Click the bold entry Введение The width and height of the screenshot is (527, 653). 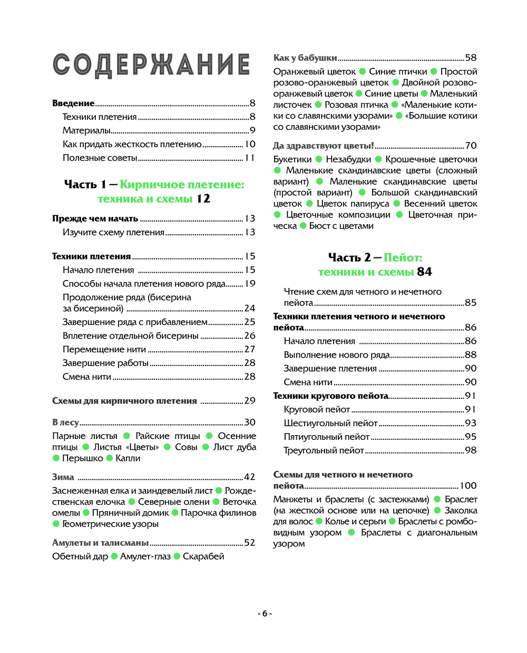tap(73, 103)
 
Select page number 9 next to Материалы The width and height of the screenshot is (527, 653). tap(252, 130)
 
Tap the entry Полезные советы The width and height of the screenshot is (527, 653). tap(100, 158)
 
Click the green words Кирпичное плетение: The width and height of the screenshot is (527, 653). tap(182, 185)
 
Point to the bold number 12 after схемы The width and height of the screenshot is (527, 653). tap(203, 199)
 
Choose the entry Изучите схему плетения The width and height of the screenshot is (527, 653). tap(113, 232)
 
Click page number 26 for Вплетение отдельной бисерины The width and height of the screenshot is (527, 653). tap(250, 335)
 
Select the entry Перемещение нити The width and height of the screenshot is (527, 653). tap(104, 349)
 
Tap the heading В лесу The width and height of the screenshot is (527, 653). tap(65, 422)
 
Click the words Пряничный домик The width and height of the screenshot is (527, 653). tap(130, 513)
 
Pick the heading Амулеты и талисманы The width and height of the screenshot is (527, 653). tap(100, 543)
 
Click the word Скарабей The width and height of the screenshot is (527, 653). tap(203, 556)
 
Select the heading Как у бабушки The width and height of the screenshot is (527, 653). tap(305, 58)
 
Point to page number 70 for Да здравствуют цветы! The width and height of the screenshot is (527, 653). tap(471, 146)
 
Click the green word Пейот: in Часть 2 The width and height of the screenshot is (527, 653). tap(403, 257)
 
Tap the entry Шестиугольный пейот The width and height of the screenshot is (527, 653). tap(330, 423)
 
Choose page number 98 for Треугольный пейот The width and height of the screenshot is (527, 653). tap(471, 450)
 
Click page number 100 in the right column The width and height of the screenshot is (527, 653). tap(469, 486)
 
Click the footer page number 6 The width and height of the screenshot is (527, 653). tap(265, 613)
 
